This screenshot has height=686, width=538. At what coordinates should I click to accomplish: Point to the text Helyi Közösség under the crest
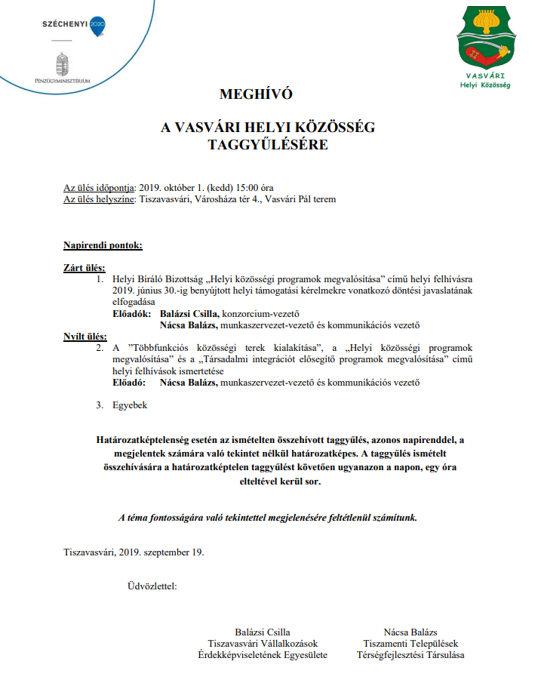485,85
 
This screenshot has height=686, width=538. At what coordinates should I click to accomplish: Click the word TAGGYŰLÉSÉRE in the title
268,145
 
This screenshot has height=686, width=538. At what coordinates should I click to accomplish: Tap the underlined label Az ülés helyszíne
99,199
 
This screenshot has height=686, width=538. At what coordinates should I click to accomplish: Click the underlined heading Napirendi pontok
103,245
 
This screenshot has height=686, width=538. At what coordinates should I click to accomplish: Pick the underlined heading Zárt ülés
84,267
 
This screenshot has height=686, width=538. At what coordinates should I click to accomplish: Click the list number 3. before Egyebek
99,405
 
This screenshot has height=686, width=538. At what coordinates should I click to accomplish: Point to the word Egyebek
130,405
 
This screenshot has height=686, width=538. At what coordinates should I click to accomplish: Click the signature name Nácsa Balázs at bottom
410,632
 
